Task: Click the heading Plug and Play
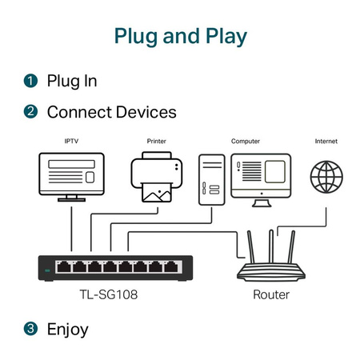180,36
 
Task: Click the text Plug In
72,81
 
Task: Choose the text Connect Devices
111,112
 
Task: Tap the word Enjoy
67,328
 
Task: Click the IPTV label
71,142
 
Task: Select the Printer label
158,142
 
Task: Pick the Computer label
246,142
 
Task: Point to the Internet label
326,142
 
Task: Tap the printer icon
158,178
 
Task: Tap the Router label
271,294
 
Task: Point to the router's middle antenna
271,246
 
